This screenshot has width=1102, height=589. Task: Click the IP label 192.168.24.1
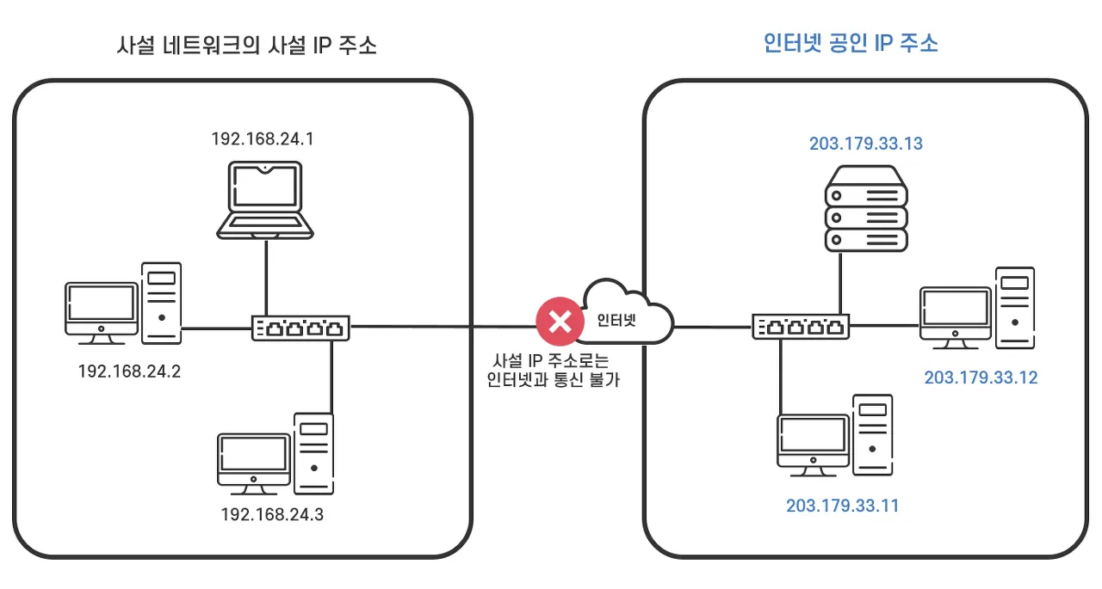(x=263, y=139)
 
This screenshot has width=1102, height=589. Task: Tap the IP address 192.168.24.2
(x=129, y=371)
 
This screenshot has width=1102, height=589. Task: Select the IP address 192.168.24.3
(x=272, y=514)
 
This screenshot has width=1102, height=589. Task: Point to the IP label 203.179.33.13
(x=866, y=144)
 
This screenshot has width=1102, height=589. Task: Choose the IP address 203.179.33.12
(x=981, y=377)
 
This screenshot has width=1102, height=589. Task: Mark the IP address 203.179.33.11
(x=842, y=506)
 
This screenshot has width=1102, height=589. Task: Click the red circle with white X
(x=560, y=322)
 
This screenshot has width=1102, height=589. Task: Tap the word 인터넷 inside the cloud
(x=616, y=320)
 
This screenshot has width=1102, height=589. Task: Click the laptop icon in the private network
(x=265, y=200)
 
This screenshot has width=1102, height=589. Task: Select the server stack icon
(x=866, y=209)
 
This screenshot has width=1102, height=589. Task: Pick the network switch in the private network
(x=300, y=328)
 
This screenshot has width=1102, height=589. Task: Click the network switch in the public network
(x=801, y=326)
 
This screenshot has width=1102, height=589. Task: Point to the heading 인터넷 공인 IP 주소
(x=851, y=43)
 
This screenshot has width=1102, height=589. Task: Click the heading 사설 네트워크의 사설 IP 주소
(x=246, y=46)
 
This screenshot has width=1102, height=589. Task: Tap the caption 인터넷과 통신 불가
(x=553, y=379)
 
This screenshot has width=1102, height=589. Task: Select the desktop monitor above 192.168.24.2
(x=102, y=313)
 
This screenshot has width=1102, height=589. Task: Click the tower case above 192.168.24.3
(x=314, y=454)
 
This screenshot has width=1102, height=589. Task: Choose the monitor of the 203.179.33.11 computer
(x=814, y=445)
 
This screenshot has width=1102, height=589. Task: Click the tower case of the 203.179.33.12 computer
(x=1015, y=308)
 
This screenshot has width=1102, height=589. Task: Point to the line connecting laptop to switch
(x=266, y=278)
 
